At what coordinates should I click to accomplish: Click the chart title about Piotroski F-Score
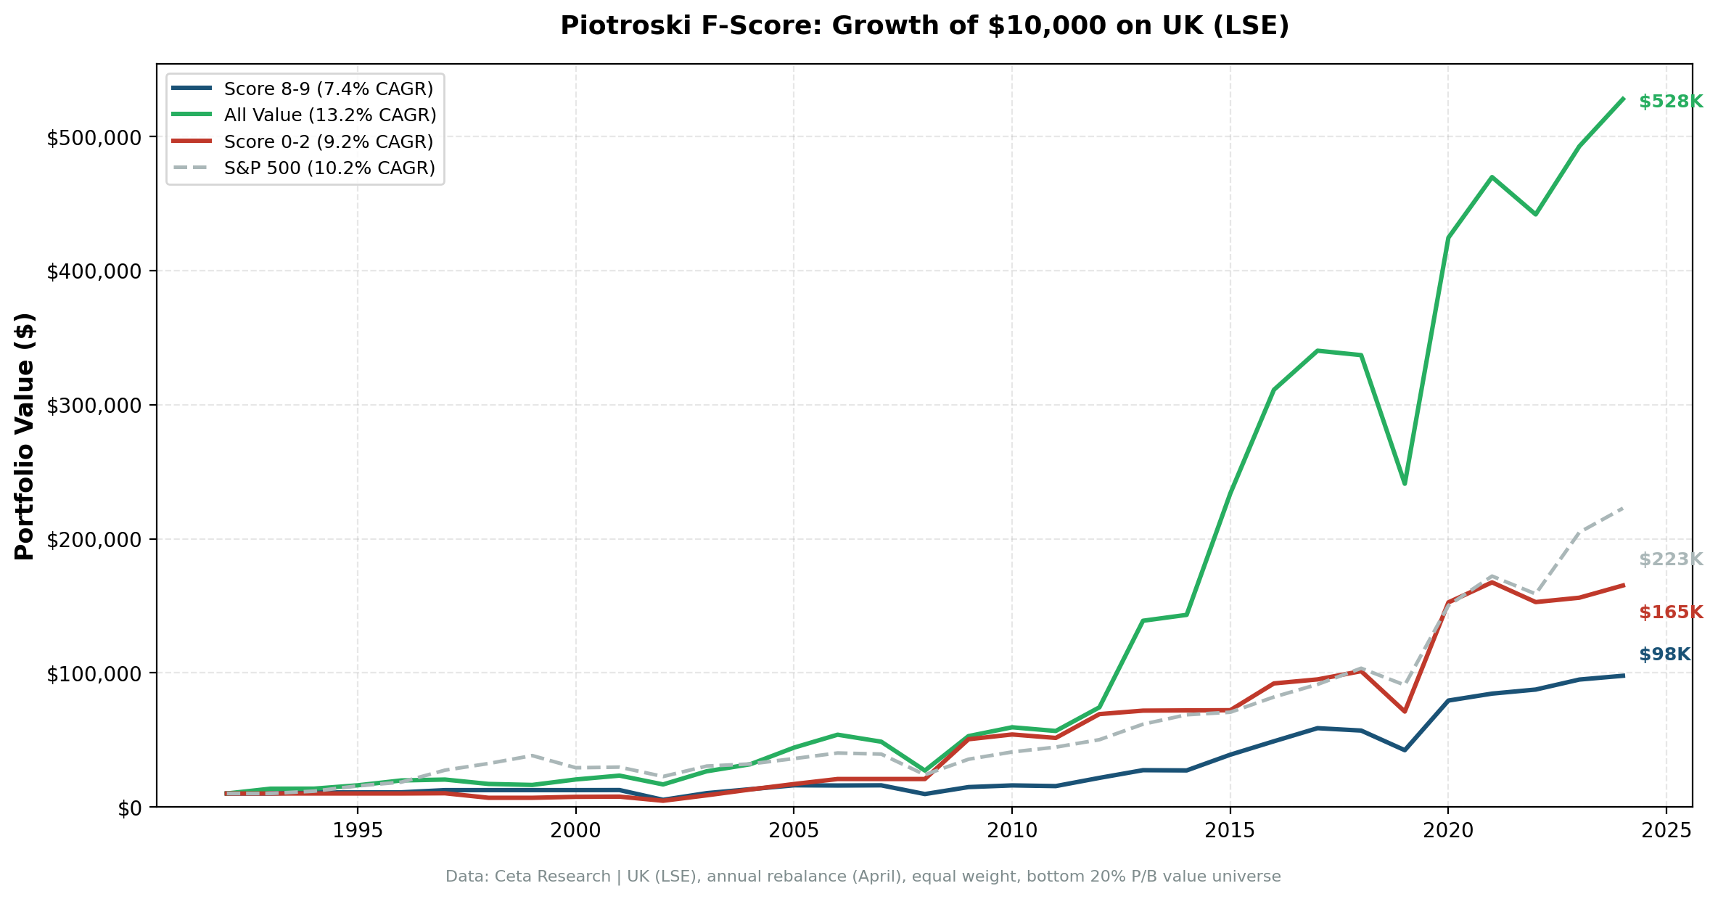tap(924, 26)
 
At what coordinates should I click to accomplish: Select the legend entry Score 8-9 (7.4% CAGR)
tap(328, 89)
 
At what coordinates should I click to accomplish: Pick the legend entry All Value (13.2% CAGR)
tap(329, 115)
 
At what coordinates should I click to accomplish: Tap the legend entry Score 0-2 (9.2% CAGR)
tap(328, 141)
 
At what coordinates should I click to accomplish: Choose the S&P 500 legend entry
tap(329, 168)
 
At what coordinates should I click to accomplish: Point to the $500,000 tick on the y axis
tap(95, 138)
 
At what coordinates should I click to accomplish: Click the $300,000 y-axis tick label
tap(95, 406)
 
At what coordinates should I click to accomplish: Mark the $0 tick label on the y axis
tap(131, 808)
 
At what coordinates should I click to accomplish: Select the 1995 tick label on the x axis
tap(357, 831)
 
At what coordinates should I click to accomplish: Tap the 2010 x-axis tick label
tap(1011, 831)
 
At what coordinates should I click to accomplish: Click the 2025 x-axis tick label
tap(1666, 831)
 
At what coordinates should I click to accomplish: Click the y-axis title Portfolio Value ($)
tap(25, 436)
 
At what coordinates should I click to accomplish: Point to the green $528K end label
tap(1670, 102)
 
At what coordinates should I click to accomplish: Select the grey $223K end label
tap(1670, 560)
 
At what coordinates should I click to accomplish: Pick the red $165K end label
tap(1670, 612)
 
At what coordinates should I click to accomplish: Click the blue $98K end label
tap(1664, 655)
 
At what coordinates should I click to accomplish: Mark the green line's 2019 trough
tap(1405, 483)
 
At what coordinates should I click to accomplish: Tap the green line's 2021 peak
tap(1492, 177)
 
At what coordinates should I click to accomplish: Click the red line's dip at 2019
tap(1405, 711)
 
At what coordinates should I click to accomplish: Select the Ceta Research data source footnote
tap(863, 877)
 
